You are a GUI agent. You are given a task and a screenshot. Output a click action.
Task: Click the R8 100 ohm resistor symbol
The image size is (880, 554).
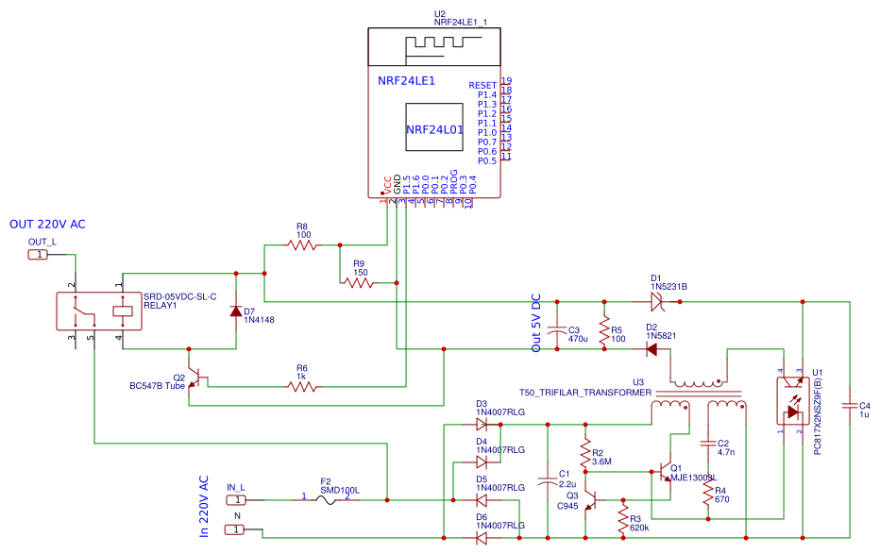(x=302, y=245)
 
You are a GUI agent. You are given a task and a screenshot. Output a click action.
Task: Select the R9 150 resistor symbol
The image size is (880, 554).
(x=359, y=282)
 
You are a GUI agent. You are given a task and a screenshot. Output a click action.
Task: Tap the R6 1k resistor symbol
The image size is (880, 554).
(x=302, y=385)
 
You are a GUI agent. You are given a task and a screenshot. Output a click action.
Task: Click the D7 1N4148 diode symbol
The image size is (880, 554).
(x=236, y=311)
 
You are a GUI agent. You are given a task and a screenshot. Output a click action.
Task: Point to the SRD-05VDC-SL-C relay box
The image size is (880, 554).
(x=97, y=311)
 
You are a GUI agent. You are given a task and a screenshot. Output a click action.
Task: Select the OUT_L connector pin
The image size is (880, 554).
(x=37, y=255)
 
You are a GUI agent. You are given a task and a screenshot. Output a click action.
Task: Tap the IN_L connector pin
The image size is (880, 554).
(x=238, y=499)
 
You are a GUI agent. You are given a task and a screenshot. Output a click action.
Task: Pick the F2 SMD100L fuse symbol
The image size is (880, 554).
(x=326, y=499)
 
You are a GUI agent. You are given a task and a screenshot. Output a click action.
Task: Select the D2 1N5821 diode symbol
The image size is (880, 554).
(x=651, y=348)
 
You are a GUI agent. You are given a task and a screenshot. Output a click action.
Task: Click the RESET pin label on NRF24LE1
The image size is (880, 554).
(x=482, y=85)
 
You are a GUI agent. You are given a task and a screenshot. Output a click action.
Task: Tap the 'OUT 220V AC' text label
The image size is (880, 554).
(x=47, y=225)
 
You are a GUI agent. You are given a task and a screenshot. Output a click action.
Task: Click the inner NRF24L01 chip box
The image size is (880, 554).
(x=434, y=129)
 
